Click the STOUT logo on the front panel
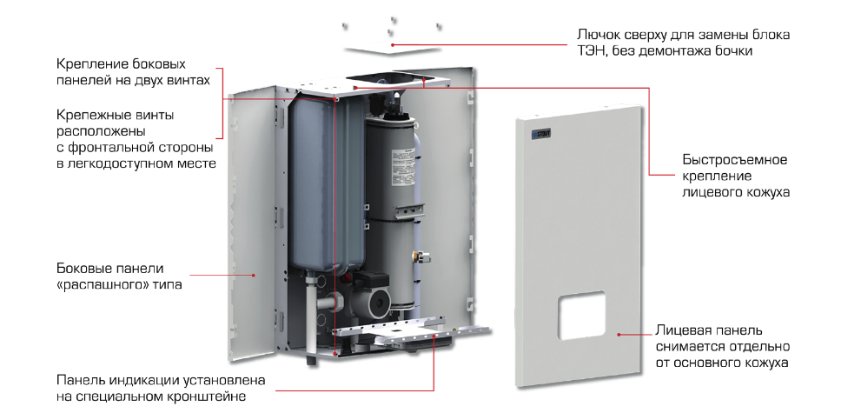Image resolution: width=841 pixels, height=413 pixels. point(541,134)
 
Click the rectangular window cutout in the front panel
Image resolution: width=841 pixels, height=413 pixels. point(582,315)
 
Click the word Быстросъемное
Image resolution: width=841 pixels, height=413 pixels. point(735,159)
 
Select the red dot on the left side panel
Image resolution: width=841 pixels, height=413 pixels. point(255,275)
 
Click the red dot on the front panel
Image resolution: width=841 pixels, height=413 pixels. point(619,334)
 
